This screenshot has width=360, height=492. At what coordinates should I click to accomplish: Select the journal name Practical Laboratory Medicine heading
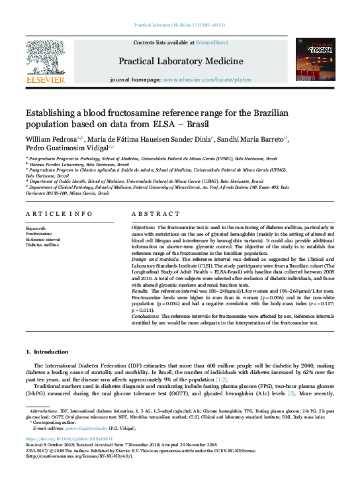180,62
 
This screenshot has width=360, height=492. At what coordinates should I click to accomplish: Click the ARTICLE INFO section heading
59,214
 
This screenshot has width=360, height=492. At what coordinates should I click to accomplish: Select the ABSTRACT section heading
152,214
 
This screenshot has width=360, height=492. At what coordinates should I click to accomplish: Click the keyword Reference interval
44,239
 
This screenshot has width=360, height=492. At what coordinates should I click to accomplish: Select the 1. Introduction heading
46,351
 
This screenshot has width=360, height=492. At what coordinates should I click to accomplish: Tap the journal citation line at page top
180,25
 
